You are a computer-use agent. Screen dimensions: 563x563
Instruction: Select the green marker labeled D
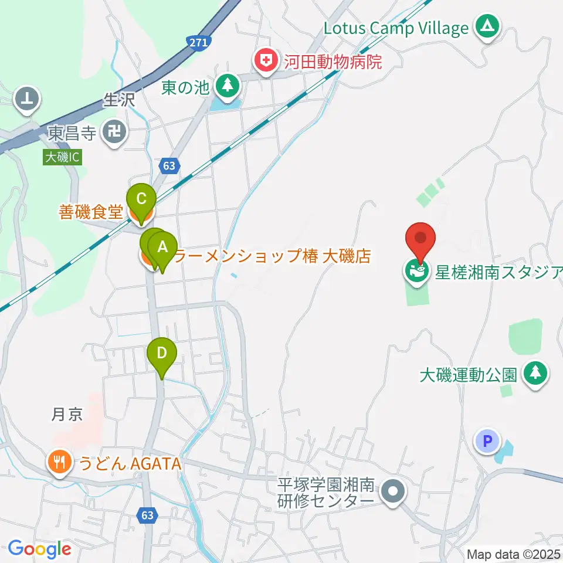[161, 354]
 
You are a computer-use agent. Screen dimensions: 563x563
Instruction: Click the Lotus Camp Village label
[396, 28]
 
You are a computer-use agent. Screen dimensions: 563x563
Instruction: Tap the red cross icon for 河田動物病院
[266, 60]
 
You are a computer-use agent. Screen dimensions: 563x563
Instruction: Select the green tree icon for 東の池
[227, 86]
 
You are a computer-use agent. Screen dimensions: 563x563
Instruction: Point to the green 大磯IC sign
[60, 157]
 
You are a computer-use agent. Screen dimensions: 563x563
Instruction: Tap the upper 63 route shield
[169, 166]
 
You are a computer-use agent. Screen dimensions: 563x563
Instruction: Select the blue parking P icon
[487, 440]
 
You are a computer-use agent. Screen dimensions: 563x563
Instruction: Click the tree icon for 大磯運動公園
[535, 374]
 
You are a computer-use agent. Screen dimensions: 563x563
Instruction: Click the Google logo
[39, 549]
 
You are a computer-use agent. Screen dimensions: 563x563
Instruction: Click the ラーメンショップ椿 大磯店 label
[273, 256]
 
